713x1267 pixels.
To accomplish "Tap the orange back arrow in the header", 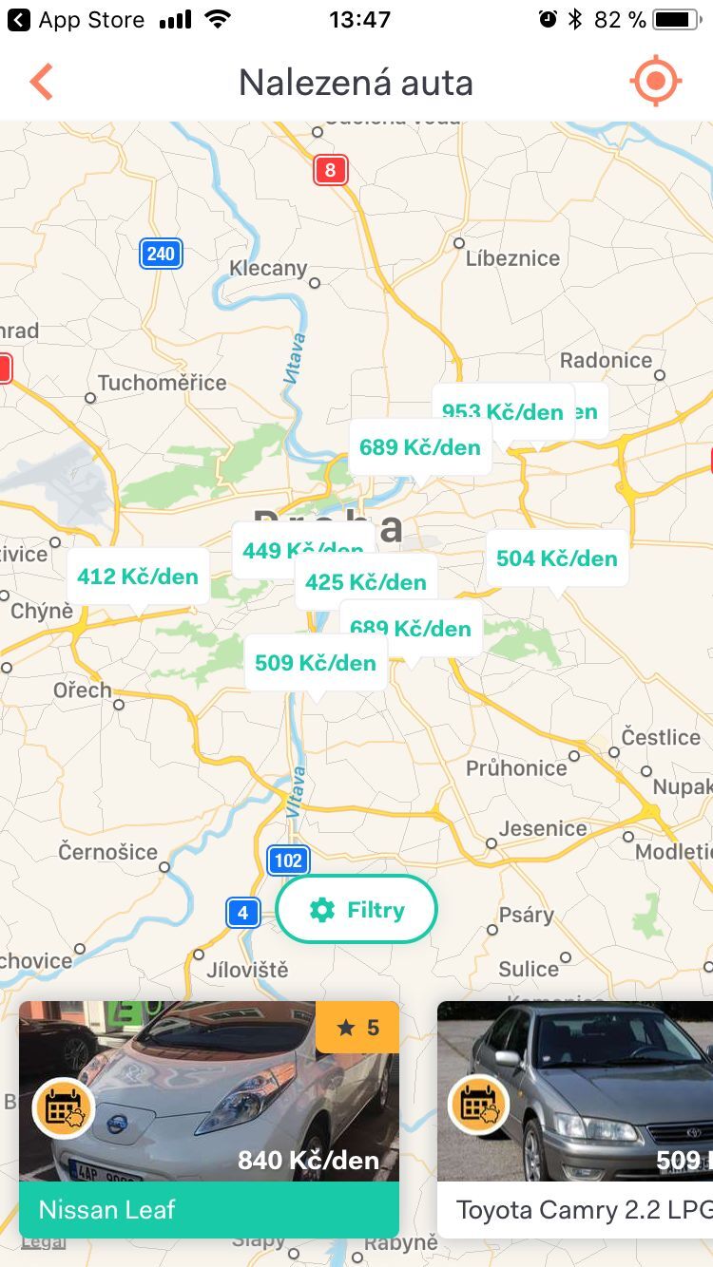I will click(41, 83).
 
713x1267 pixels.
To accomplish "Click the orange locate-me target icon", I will click(655, 82).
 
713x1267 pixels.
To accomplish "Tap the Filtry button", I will click(356, 910).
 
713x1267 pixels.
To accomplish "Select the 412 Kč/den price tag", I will click(138, 577).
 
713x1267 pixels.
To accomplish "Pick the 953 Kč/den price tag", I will click(503, 411).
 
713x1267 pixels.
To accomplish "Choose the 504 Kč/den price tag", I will click(557, 558).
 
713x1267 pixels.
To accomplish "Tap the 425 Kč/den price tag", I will click(366, 581).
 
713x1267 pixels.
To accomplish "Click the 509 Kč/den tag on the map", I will click(316, 662).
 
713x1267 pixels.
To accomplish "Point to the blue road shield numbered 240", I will click(161, 254).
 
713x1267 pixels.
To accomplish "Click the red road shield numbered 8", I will click(331, 170).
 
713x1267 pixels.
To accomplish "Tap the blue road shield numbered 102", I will click(288, 860).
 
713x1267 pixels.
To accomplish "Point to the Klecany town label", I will click(268, 269).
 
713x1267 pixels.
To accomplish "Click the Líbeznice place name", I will click(512, 258).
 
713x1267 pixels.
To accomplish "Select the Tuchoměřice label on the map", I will click(162, 383).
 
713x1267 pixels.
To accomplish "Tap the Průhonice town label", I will click(516, 767).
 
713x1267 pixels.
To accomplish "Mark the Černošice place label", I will click(107, 852).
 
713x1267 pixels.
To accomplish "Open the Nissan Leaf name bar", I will click(209, 1209).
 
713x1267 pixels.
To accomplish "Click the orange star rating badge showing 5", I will click(357, 1027).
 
